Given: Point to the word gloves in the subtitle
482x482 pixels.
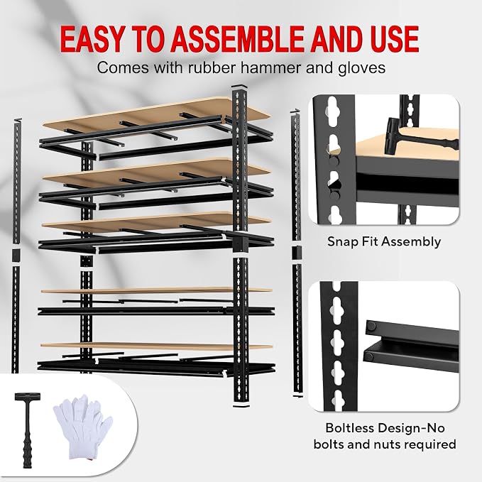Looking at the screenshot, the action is coord(362,68).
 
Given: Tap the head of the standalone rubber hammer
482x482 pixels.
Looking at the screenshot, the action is coord(27,396).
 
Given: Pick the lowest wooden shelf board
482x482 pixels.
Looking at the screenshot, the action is coord(156,346).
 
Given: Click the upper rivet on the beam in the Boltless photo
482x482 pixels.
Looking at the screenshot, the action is coord(371,326).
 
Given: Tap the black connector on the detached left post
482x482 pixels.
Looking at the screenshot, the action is coord(16,255).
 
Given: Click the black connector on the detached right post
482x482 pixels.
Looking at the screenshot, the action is coord(296,253).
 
